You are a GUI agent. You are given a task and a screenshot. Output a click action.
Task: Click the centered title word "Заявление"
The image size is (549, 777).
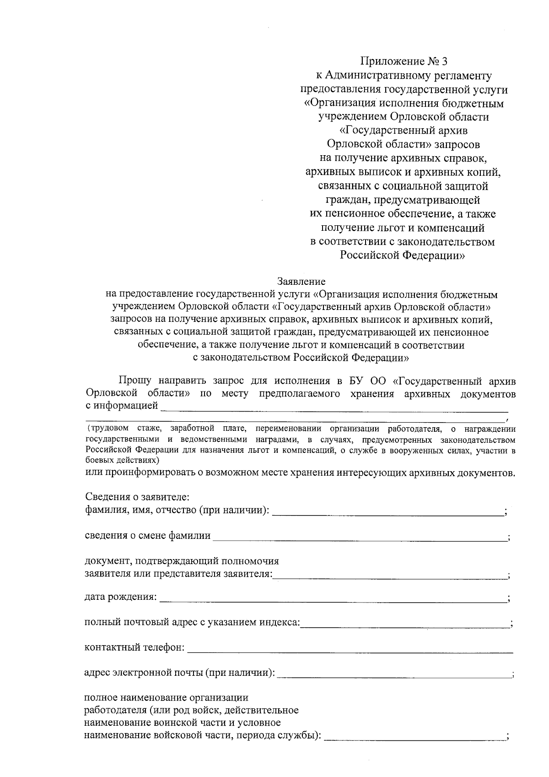click(x=301, y=281)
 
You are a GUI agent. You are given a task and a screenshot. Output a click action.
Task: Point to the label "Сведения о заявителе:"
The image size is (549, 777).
click(x=137, y=497)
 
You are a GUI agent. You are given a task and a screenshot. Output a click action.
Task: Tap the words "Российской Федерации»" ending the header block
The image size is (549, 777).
click(x=402, y=255)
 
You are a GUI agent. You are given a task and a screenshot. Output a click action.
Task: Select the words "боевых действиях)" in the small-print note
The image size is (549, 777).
click(x=122, y=460)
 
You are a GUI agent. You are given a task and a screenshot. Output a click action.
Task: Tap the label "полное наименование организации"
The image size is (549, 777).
click(x=167, y=698)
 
